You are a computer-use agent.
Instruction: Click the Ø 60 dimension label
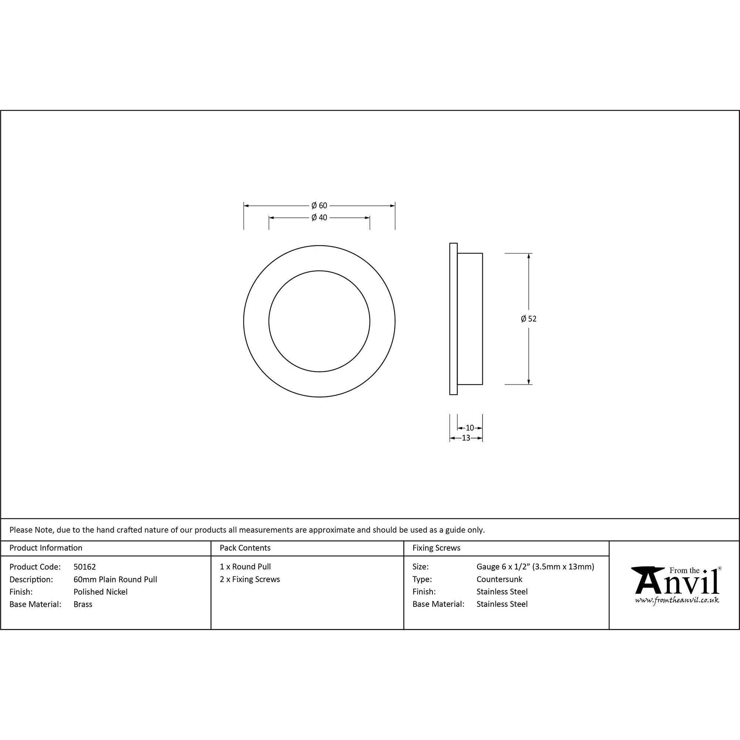pos(319,206)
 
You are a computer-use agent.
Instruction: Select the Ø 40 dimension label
pos(319,218)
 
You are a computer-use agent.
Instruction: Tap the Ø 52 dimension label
pos(529,319)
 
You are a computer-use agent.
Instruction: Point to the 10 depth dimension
pos(470,428)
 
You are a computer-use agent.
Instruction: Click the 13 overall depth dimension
pos(466,438)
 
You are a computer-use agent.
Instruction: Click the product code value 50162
pos(85,567)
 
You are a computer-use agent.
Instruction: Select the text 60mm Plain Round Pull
pos(115,579)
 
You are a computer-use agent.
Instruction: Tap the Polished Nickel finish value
pos(100,592)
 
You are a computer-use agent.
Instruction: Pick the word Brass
pos(83,604)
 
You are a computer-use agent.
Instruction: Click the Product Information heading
pos(46,548)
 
